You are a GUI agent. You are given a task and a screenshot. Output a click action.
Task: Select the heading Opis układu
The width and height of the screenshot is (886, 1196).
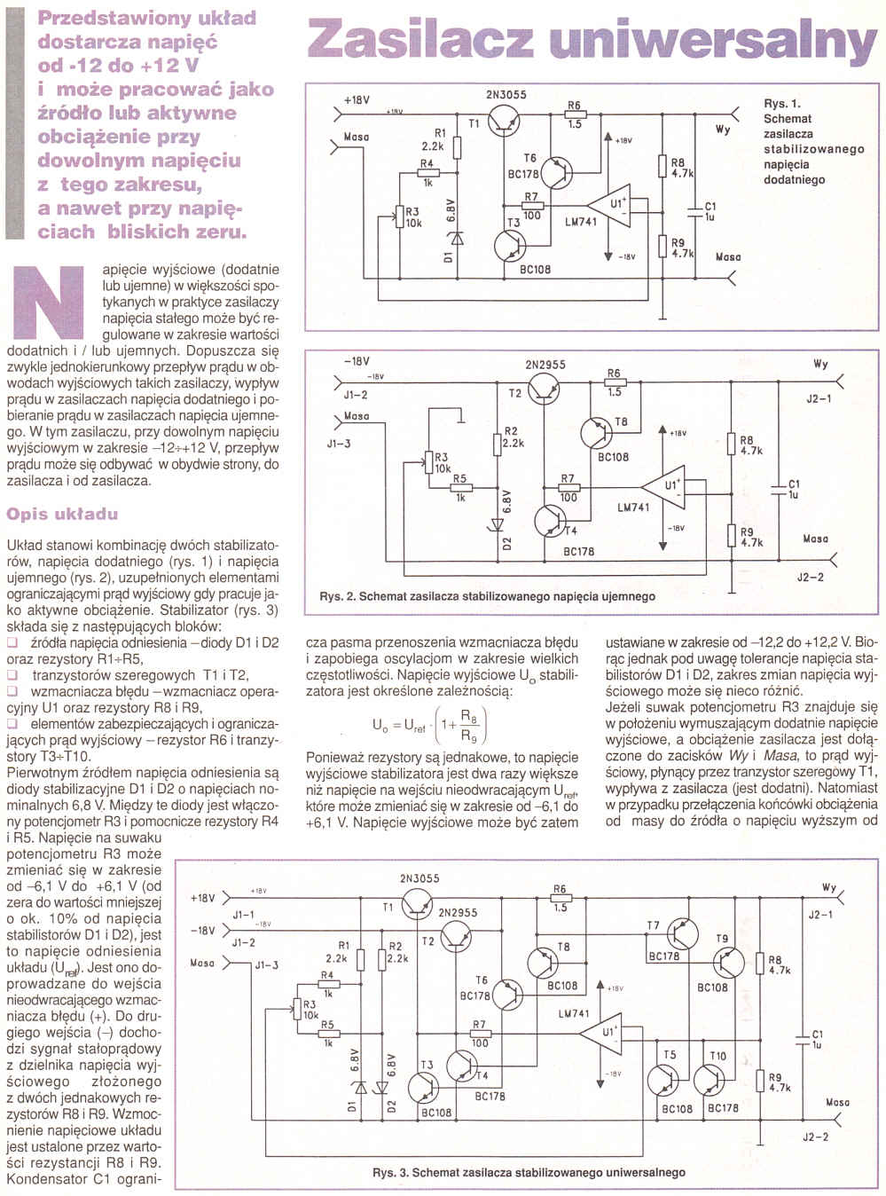tap(62, 514)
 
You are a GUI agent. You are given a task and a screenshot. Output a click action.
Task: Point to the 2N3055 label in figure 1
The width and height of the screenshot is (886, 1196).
tap(506, 95)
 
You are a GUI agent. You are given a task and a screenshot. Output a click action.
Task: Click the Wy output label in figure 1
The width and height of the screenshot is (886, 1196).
tap(722, 130)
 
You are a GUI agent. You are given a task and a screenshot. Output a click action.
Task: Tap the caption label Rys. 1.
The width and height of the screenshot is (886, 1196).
tap(781, 104)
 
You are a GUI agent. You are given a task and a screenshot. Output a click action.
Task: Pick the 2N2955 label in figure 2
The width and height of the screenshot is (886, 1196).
tap(545, 365)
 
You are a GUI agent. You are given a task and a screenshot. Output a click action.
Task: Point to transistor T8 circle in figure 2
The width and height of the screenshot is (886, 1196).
tap(598, 432)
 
